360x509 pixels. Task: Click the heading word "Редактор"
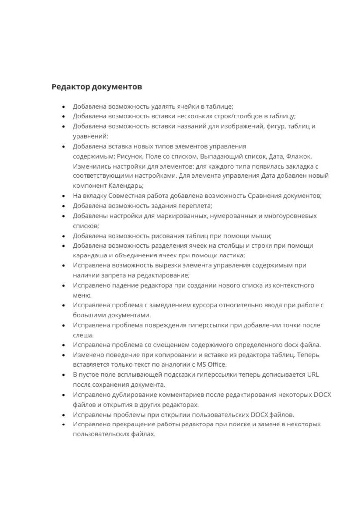(x=69, y=87)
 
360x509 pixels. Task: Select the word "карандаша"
(x=89, y=255)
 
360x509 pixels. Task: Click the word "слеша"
(x=82, y=335)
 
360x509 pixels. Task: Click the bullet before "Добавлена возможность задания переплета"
(x=64, y=206)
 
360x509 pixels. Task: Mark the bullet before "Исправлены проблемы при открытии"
(x=64, y=415)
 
